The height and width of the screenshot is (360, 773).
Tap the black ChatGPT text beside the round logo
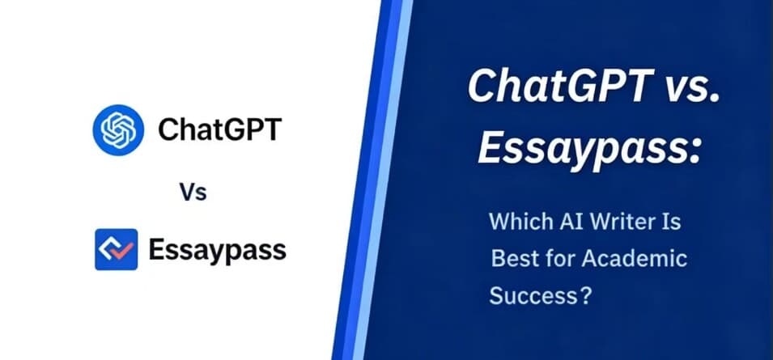pyautogui.click(x=218, y=129)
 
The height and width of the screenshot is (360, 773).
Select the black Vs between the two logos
pyautogui.click(x=193, y=192)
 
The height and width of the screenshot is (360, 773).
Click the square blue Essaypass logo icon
pyautogui.click(x=117, y=249)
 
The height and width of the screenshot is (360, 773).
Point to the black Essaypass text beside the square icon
pyautogui.click(x=217, y=251)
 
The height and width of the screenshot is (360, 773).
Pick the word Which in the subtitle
pyautogui.click(x=519, y=221)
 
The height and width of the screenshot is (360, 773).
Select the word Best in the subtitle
pyautogui.click(x=513, y=259)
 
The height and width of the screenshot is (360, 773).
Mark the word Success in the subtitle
pyautogui.click(x=531, y=296)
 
